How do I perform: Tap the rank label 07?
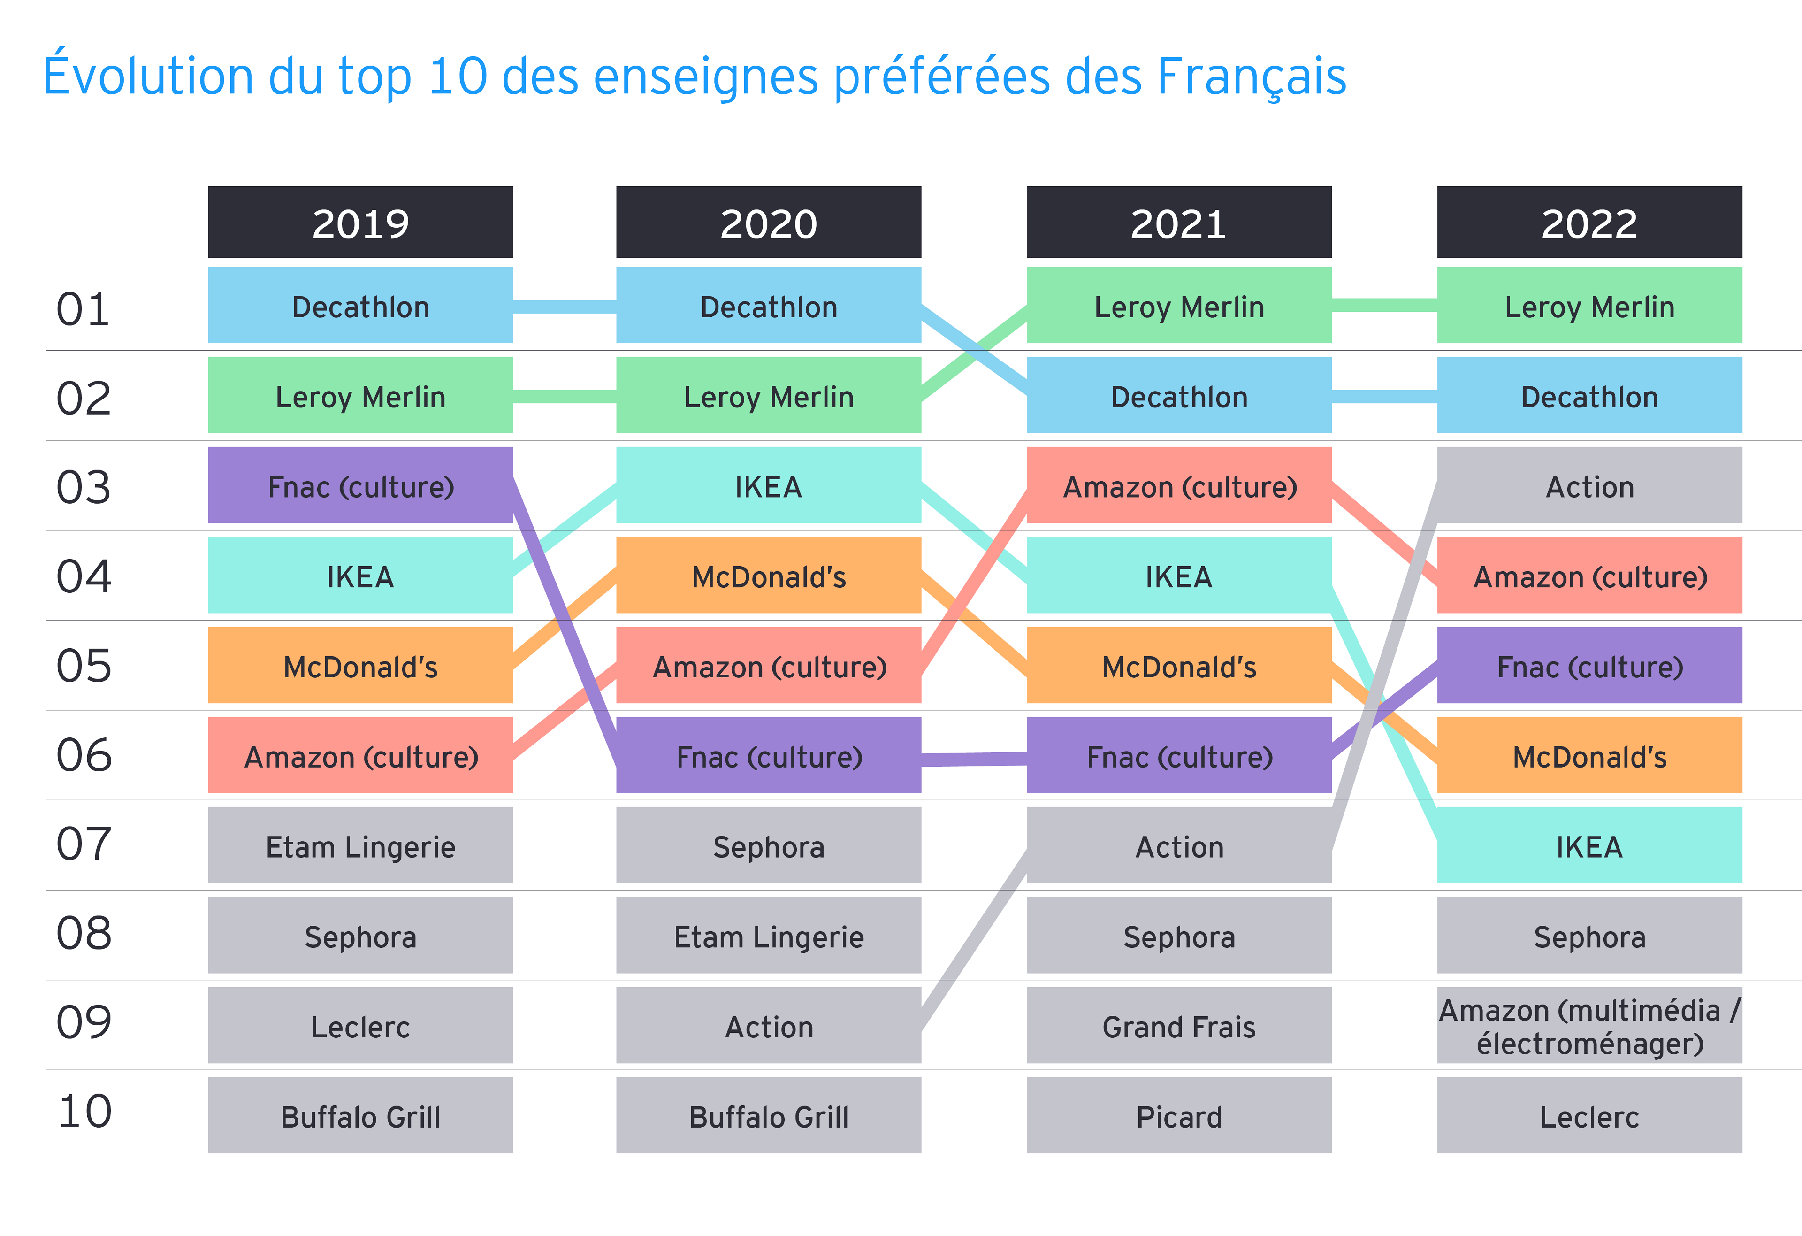(84, 844)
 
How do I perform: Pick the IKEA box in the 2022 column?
(1589, 846)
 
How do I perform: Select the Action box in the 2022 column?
(1589, 486)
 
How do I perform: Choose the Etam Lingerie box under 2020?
(768, 936)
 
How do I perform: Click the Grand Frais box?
(1179, 1026)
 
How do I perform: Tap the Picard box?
(1179, 1116)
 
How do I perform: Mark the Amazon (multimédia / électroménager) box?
(1589, 1026)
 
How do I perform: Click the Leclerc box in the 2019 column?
(360, 1026)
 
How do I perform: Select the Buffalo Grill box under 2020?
(768, 1116)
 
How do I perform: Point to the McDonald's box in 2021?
(1179, 666)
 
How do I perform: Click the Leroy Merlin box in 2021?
(1179, 306)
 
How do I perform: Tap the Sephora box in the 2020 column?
(768, 846)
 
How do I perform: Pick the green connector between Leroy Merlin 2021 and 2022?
(1384, 306)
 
